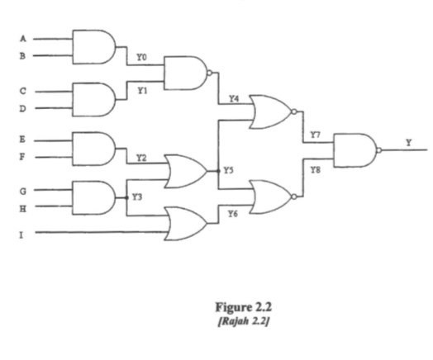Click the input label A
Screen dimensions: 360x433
click(x=22, y=38)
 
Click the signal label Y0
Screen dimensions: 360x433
click(x=142, y=58)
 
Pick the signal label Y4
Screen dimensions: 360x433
click(x=234, y=98)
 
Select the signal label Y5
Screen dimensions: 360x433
click(x=229, y=171)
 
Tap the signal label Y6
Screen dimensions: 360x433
click(x=233, y=213)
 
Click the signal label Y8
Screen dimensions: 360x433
click(x=315, y=168)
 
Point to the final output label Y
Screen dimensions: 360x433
click(x=407, y=142)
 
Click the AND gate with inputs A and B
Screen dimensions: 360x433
click(x=93, y=47)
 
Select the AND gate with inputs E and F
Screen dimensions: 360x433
click(x=93, y=147)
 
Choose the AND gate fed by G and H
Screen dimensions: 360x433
click(x=93, y=198)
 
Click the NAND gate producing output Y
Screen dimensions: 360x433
click(x=354, y=150)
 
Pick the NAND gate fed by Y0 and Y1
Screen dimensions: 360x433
click(x=186, y=73)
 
